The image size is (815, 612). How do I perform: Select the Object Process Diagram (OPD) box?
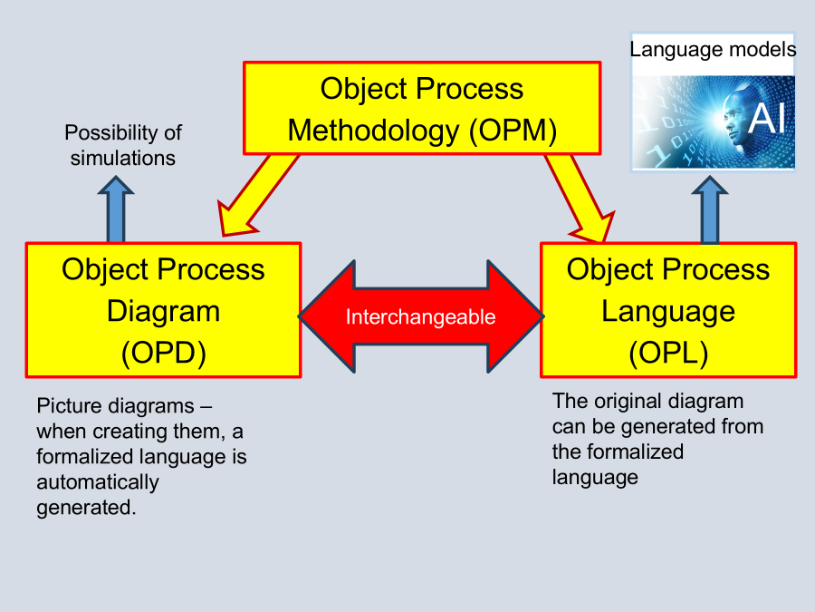[163, 310]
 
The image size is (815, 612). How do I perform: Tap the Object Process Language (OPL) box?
[668, 310]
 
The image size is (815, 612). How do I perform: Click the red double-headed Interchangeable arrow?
[421, 316]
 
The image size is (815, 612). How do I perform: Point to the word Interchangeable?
[421, 317]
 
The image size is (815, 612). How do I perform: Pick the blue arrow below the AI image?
[710, 210]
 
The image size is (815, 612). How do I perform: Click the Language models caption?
[713, 49]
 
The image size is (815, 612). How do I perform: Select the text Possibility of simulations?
[123, 145]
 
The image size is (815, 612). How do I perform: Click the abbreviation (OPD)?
[164, 353]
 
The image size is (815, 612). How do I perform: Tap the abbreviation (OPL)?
[668, 353]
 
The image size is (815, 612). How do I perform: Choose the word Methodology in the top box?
[373, 131]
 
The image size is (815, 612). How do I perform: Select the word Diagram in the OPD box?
[164, 311]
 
